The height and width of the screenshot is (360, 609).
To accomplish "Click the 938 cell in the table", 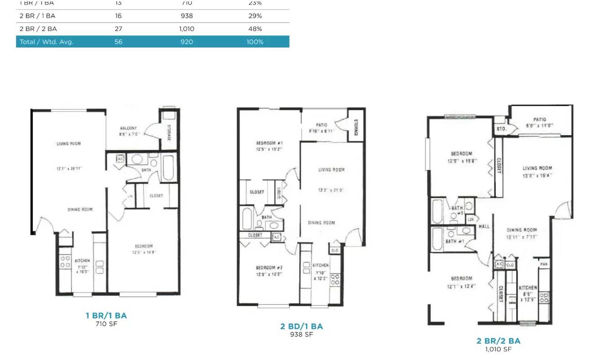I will coord(186,16).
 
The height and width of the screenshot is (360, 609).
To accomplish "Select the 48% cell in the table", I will coord(255,29).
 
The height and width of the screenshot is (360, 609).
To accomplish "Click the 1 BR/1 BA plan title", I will coord(106,315).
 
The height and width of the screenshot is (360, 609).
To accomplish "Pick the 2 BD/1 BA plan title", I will coord(301,326).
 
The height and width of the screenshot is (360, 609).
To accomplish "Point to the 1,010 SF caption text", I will coord(498,350).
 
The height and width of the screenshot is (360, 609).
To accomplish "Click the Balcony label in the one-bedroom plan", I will coord(128,128).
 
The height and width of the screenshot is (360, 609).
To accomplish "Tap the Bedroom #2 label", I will coord(269,268).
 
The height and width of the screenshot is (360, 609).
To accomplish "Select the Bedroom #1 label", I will coord(269,143).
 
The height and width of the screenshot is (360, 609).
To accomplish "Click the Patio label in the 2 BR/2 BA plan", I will coord(539,120).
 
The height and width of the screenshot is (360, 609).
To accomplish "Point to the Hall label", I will coord(484,226).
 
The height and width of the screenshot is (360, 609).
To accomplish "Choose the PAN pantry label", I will coord(544,264).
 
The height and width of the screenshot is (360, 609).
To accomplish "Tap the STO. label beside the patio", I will coord(501,129).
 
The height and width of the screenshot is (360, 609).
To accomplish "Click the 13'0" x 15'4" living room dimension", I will coord(537,175).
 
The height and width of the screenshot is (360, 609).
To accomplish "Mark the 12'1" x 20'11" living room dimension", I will coord(69,168).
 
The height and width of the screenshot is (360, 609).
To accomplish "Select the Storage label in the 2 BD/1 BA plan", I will coord(356,127).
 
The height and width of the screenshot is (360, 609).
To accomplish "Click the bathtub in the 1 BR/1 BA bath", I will coord(168,168).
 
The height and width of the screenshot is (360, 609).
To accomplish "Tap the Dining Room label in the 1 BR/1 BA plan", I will coord(80,209).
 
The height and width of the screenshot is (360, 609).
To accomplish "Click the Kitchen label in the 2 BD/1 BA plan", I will coord(320,265).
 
